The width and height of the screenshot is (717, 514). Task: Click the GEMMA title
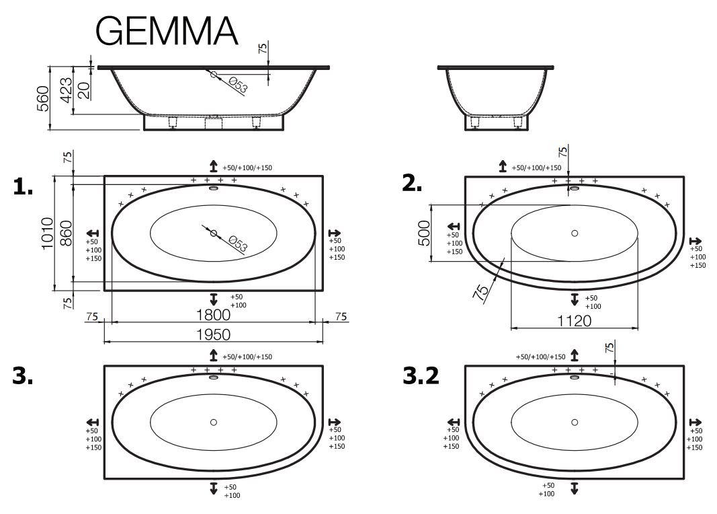coord(167,31)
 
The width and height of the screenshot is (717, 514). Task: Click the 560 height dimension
coord(43,98)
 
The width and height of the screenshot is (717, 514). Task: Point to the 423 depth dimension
coord(67,90)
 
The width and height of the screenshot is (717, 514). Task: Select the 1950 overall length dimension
coord(213,334)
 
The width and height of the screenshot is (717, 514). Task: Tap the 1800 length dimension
coord(213,315)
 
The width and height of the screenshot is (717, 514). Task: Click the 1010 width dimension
coord(48,233)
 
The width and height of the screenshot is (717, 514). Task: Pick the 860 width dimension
coord(67,233)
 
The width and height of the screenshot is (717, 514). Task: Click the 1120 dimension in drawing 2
coord(575,321)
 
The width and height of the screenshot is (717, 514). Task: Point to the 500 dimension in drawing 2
coord(424,233)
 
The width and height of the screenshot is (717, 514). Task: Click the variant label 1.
coord(23,186)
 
